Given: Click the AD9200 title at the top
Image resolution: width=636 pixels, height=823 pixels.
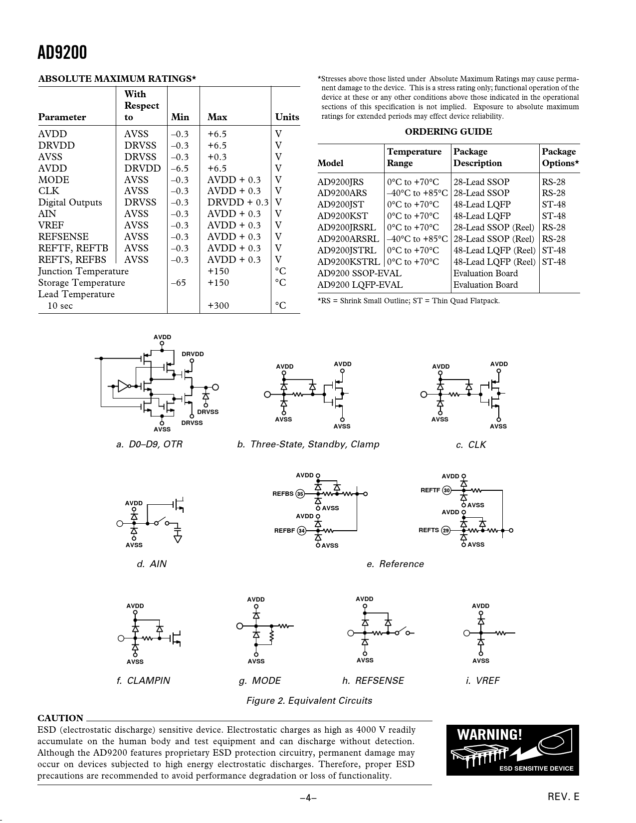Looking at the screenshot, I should pyautogui.click(x=62, y=52).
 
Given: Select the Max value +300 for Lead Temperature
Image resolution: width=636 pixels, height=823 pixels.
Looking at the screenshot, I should pyautogui.click(x=218, y=306).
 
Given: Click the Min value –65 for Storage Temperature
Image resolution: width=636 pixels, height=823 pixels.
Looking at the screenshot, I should pyautogui.click(x=179, y=283).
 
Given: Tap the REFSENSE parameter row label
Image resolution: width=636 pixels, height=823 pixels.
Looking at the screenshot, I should pyautogui.click(x=63, y=237).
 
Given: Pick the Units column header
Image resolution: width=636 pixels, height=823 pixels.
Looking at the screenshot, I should pyautogui.click(x=287, y=117).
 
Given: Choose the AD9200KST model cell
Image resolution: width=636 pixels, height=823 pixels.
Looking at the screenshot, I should pyautogui.click(x=343, y=216).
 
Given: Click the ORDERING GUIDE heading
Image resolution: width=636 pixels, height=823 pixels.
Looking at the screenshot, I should pyautogui.click(x=448, y=132).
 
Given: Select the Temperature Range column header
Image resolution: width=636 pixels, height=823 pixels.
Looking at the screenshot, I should pyautogui.click(x=414, y=157).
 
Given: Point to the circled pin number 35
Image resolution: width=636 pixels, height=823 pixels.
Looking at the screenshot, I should pyautogui.click(x=300, y=494).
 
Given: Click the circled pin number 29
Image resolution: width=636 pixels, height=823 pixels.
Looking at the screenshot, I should pyautogui.click(x=446, y=530).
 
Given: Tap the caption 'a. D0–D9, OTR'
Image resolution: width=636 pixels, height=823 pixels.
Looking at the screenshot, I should pyautogui.click(x=149, y=444).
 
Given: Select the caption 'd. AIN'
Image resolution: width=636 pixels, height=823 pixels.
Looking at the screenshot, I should pyautogui.click(x=152, y=564).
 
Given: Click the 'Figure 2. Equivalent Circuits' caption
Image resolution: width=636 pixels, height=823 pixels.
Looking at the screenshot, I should pyautogui.click(x=309, y=700).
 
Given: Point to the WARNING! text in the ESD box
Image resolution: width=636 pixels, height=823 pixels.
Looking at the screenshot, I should pyautogui.click(x=489, y=735).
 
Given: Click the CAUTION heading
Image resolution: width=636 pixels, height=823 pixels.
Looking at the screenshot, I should pyautogui.click(x=60, y=718).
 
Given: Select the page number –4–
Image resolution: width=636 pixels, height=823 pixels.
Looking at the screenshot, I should pyautogui.click(x=308, y=798).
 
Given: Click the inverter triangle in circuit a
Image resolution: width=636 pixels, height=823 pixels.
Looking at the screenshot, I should pyautogui.click(x=123, y=386).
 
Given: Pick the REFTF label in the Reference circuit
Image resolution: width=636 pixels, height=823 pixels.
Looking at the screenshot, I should pyautogui.click(x=430, y=490).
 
